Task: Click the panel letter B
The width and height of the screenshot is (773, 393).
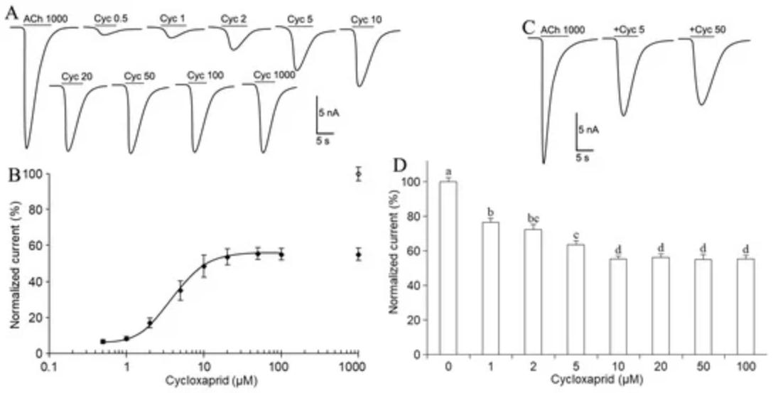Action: [12, 174]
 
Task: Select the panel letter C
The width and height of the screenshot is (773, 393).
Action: [527, 28]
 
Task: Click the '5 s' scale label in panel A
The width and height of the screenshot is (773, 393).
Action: [322, 141]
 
